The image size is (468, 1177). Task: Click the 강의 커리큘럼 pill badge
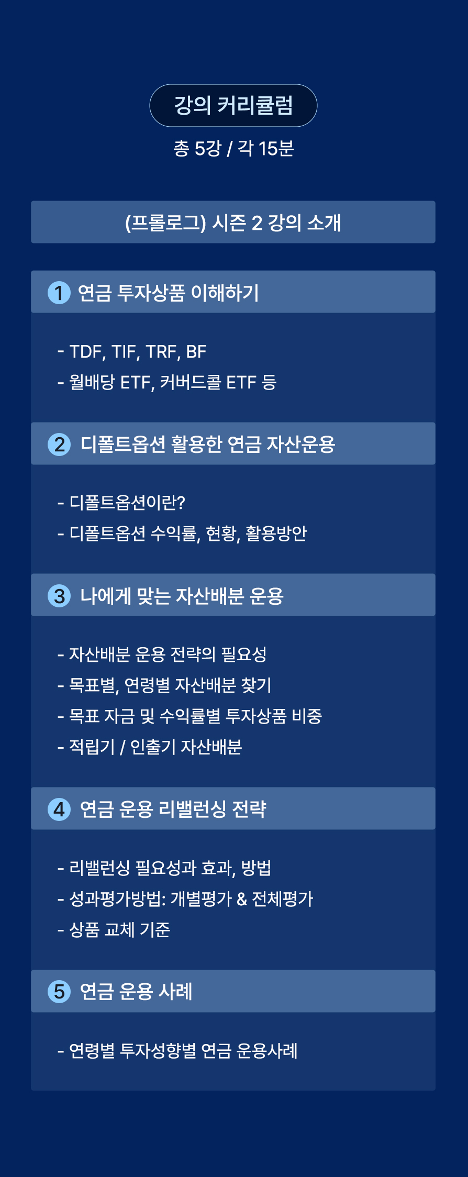(x=233, y=105)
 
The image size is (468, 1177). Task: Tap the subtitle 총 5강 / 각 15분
(x=233, y=149)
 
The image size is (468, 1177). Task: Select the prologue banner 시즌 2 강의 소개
(x=233, y=222)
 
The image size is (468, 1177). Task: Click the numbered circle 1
(x=59, y=293)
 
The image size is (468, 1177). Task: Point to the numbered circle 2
(x=59, y=445)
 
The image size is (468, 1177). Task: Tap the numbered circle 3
(x=59, y=596)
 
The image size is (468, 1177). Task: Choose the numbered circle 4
(x=59, y=809)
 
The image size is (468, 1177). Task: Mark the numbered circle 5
(x=59, y=992)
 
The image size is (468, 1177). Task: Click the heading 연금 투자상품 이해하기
(x=168, y=293)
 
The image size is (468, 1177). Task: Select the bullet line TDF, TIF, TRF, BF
(x=132, y=352)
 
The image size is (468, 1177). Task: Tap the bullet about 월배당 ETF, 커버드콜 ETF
(x=167, y=382)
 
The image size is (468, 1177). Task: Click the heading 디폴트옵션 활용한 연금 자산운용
(x=208, y=445)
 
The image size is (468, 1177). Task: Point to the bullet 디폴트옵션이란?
(x=121, y=503)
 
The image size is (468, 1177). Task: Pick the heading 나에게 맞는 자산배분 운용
(x=182, y=596)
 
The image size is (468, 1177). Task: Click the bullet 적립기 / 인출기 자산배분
(x=150, y=747)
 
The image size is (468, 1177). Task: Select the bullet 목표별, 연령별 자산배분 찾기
(x=164, y=685)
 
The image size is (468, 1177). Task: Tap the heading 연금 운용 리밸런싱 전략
(x=173, y=809)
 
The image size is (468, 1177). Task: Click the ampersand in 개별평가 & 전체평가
(x=242, y=899)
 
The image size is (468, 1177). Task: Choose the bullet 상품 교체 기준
(x=114, y=929)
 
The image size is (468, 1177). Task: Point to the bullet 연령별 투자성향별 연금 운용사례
(x=177, y=1051)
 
